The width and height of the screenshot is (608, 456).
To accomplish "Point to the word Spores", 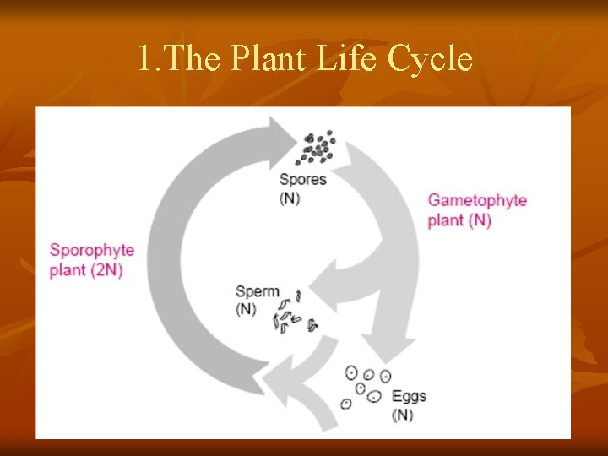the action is pyautogui.click(x=302, y=180).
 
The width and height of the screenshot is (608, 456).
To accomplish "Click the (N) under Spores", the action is pyautogui.click(x=290, y=198).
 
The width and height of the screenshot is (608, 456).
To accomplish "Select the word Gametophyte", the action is pyautogui.click(x=477, y=201).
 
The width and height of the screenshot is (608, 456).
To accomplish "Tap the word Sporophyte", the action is pyautogui.click(x=91, y=251).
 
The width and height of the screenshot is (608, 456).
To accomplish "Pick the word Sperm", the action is pyautogui.click(x=258, y=292).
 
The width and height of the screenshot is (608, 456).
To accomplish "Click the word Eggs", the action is pyautogui.click(x=409, y=397).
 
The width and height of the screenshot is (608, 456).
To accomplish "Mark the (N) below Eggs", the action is pyautogui.click(x=402, y=415).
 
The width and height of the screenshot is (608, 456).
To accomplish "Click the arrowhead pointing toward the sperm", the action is pyautogui.click(x=325, y=288).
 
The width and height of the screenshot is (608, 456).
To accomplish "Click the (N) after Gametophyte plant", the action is pyautogui.click(x=480, y=220).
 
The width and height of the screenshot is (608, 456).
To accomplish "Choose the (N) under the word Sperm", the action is pyautogui.click(x=246, y=310).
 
